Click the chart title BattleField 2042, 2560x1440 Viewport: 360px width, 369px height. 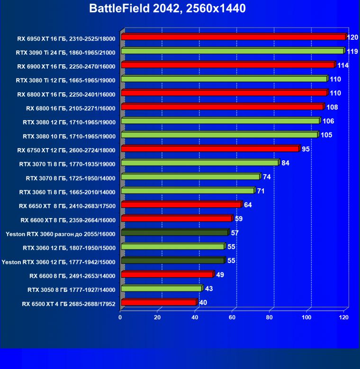click(x=167, y=9)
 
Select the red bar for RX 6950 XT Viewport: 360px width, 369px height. click(x=233, y=37)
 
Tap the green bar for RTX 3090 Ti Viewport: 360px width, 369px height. click(x=232, y=51)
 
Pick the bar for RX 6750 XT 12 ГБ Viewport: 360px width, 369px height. click(x=210, y=149)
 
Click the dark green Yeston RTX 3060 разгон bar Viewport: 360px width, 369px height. click(x=174, y=233)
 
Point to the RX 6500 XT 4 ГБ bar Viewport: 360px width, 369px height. click(x=159, y=302)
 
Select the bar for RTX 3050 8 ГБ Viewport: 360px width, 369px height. click(x=162, y=289)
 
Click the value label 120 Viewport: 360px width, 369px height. click(x=352, y=37)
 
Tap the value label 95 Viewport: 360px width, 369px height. click(x=306, y=149)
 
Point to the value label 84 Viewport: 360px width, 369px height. click(x=285, y=163)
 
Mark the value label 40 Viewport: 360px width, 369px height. click(x=203, y=303)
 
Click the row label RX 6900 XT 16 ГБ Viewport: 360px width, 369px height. click(x=66, y=66)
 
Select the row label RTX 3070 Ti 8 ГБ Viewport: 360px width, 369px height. click(x=67, y=164)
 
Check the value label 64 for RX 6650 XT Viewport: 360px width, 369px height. click(x=248, y=205)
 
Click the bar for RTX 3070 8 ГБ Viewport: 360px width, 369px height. click(x=190, y=177)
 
